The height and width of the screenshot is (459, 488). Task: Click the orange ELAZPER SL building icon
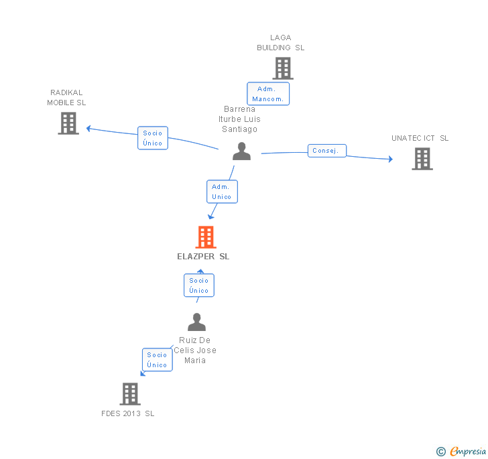click(x=206, y=237)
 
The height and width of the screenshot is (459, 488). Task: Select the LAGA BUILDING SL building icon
click(x=282, y=68)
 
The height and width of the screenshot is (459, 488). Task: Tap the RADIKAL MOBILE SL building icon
click(x=68, y=123)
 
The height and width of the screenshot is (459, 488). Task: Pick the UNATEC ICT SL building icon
click(x=422, y=159)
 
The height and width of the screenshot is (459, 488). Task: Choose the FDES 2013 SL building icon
click(x=130, y=394)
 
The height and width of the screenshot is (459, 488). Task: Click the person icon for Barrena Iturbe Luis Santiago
click(x=241, y=151)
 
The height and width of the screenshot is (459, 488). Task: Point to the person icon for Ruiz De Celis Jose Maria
click(x=196, y=322)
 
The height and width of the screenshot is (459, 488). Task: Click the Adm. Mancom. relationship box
click(x=268, y=94)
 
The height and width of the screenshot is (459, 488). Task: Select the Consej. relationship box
click(x=326, y=151)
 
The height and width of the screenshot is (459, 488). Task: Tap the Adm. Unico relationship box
click(x=222, y=192)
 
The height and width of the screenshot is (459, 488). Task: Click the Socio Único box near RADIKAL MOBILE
click(x=153, y=138)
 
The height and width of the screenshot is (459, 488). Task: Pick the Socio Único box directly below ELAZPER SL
click(x=199, y=285)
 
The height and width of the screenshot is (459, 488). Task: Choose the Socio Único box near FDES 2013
click(x=157, y=360)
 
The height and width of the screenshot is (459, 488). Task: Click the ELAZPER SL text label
click(x=203, y=257)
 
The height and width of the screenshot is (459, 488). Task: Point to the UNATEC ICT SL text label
click(x=420, y=138)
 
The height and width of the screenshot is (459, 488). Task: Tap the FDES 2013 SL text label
click(x=128, y=413)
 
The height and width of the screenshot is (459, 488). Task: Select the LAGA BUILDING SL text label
click(x=281, y=43)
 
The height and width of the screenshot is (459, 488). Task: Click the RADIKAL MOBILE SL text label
click(x=66, y=98)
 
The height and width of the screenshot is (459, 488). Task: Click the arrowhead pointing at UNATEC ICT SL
click(x=389, y=159)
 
